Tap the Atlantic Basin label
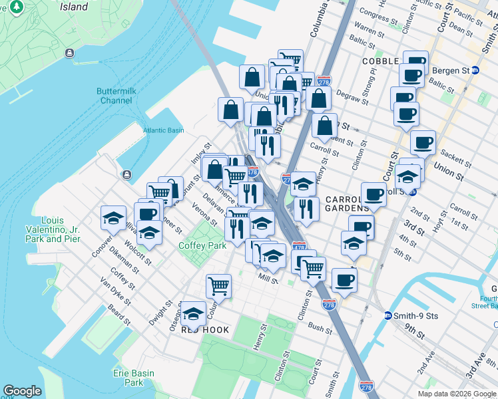coord(163,130)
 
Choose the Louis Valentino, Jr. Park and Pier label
coord(61,229)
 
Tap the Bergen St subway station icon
coord(475,70)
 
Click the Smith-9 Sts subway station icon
coord(387,315)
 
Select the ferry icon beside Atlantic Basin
coord(126,174)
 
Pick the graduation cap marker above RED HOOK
coord(193,312)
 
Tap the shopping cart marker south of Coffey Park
coord(218,286)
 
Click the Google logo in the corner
coord(22,391)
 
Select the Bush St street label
coord(320,329)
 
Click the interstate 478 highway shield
coord(299,247)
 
